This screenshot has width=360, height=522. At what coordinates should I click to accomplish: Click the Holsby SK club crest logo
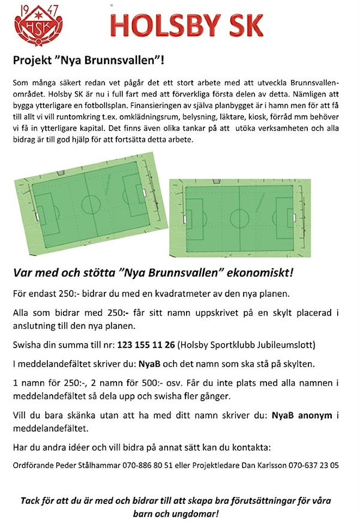pos(38,25)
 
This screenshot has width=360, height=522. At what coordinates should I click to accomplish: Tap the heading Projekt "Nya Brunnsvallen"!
pos(89,60)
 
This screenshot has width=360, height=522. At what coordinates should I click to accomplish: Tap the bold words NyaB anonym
pos(302,415)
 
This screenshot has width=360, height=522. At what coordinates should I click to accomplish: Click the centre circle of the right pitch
pos(239,217)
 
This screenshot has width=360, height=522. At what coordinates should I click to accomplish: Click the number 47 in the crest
pos(53,10)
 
